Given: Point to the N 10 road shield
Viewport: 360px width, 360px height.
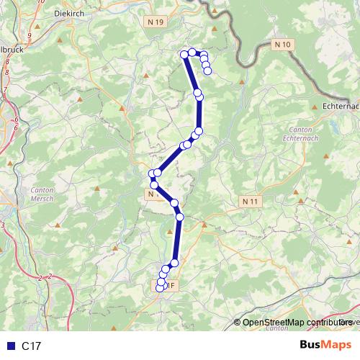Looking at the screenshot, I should [x=284, y=45].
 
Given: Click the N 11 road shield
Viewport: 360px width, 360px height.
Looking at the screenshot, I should [x=250, y=202].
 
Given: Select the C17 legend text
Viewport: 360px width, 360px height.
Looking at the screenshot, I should [x=32, y=346].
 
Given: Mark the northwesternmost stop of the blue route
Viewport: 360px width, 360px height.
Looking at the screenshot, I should [x=185, y=54].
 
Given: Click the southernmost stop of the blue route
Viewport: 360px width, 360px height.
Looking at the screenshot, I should [x=160, y=289].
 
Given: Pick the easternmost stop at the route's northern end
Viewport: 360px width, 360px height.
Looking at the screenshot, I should [x=208, y=71].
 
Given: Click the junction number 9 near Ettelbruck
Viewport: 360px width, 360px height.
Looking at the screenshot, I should [x=30, y=35].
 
